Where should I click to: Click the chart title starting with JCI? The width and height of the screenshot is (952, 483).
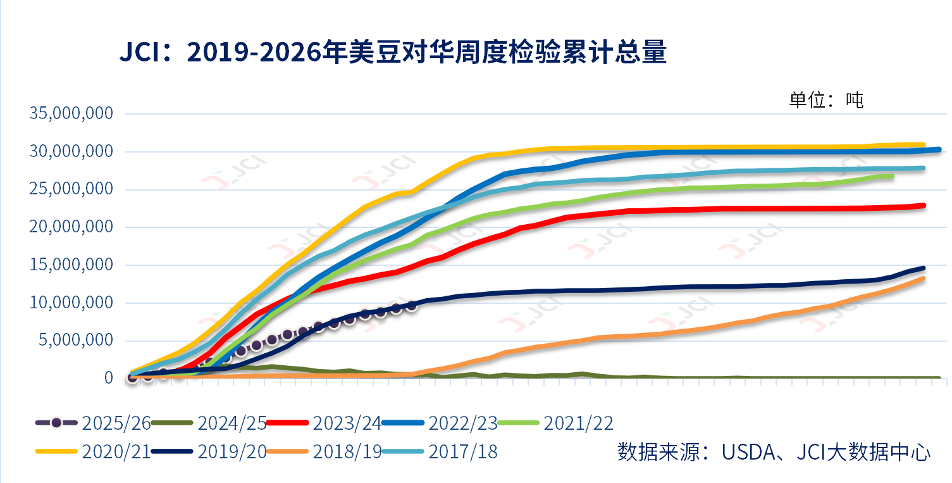click(393, 53)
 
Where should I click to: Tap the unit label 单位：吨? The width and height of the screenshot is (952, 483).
click(826, 101)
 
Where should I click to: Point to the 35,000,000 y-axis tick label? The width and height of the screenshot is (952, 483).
click(71, 113)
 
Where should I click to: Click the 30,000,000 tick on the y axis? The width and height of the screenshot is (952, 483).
click(71, 151)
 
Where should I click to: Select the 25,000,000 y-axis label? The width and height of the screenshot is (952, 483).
click(71, 189)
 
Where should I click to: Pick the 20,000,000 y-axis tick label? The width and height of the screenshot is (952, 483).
click(71, 227)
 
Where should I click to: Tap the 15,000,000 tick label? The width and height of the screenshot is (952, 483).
click(71, 265)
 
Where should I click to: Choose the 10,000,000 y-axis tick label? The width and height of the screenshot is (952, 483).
click(71, 303)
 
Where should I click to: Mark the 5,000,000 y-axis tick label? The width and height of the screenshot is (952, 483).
click(76, 340)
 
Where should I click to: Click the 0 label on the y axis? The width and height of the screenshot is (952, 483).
click(109, 377)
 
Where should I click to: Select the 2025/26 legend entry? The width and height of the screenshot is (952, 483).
click(93, 423)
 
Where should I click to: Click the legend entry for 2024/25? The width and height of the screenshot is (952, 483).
click(209, 423)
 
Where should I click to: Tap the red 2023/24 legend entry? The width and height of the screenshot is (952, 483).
click(324, 423)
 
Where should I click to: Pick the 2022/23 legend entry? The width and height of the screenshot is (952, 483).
click(440, 423)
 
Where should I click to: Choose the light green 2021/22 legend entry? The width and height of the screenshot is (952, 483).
click(555, 423)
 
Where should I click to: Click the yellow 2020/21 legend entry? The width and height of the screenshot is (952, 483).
click(93, 451)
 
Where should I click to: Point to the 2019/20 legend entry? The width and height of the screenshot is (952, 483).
click(209, 451)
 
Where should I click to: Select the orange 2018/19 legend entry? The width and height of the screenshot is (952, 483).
click(324, 451)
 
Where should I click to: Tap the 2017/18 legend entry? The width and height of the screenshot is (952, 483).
click(440, 451)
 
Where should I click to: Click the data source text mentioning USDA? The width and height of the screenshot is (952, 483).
click(774, 451)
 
